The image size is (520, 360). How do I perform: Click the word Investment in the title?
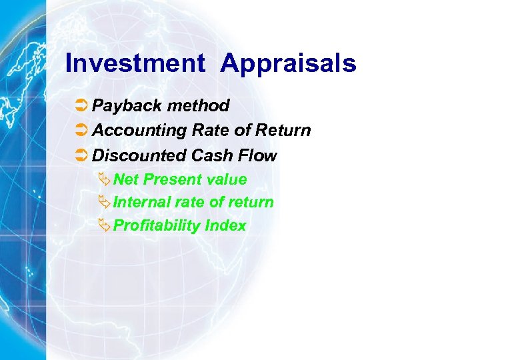coord(135,64)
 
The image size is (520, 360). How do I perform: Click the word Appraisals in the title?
coord(289,64)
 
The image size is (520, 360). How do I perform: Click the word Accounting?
coord(139,131)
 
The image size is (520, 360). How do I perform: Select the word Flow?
coord(259,156)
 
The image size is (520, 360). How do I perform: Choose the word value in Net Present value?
coord(227,180)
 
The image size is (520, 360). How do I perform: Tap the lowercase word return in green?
coord(251,203)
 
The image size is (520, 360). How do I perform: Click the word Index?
coord(226,226)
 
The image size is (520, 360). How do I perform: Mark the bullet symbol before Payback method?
coord(81,106)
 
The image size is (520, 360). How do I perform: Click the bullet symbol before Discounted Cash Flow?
coord(81,156)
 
